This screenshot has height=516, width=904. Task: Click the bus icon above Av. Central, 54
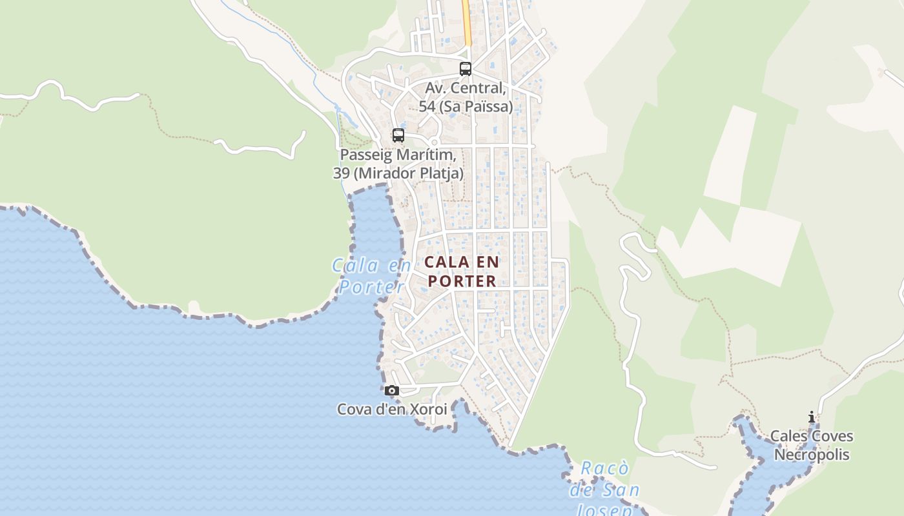pos(465,69)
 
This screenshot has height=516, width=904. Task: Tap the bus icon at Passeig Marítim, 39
pos(398,135)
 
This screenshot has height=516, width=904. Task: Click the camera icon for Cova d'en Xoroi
pos(391,390)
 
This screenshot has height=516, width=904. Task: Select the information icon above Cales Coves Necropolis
pos(812,418)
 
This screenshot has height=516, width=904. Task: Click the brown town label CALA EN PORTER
pos(462,272)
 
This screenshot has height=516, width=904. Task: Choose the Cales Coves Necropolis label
pos(812,446)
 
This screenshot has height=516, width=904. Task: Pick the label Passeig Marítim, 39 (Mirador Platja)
pos(401,164)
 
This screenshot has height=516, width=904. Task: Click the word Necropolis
pos(812,455)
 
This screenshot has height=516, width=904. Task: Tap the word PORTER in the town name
pos(462,281)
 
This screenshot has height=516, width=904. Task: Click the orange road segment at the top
pos(466,23)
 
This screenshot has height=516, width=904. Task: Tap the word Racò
pos(604,468)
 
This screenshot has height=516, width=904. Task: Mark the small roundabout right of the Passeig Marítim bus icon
pos(434,143)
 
